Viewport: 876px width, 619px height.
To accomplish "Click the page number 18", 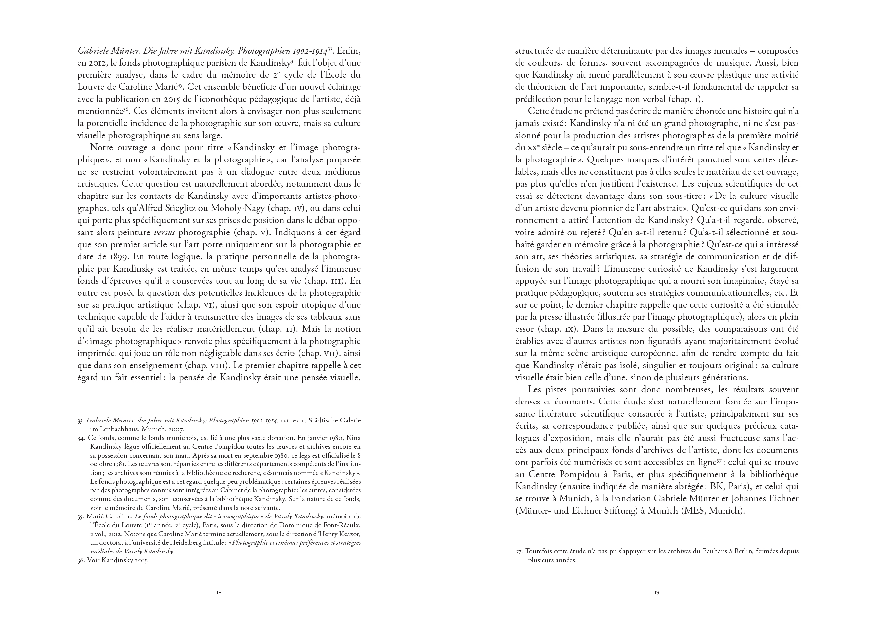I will click(x=219, y=593).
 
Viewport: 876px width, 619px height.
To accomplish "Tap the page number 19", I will click(x=657, y=593).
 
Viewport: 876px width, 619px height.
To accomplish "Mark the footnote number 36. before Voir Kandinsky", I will click(x=81, y=561).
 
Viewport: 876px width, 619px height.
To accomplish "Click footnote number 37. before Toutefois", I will click(x=519, y=552).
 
